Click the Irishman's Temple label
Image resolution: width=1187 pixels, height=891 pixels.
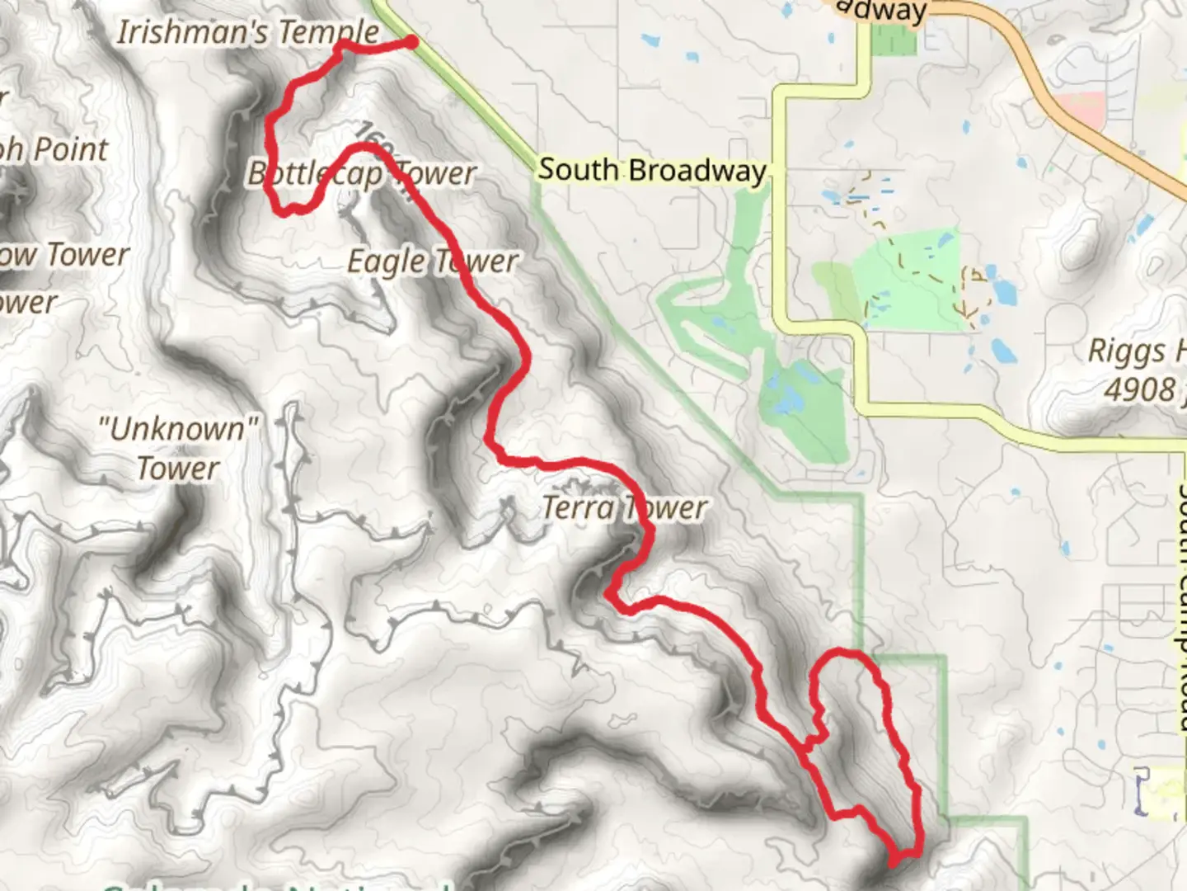tap(247, 33)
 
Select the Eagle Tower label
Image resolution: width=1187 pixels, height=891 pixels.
tap(432, 262)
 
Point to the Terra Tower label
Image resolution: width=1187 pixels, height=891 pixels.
tap(624, 507)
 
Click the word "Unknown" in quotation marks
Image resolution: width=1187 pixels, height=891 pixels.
tap(178, 429)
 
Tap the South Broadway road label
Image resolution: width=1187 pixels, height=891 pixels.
tap(651, 170)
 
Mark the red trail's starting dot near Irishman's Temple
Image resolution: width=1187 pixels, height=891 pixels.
tap(410, 42)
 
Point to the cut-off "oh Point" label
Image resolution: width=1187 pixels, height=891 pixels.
tap(54, 149)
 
